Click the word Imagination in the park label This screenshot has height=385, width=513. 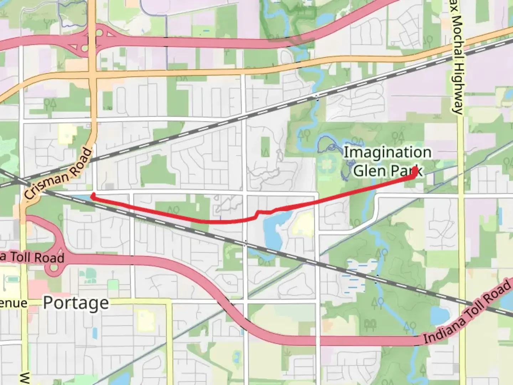387,152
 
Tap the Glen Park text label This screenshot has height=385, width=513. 388,171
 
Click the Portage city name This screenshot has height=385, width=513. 76,303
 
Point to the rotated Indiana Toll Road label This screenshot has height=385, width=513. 467,313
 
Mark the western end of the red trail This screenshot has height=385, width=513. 93,195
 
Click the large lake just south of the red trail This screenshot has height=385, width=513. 273,230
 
